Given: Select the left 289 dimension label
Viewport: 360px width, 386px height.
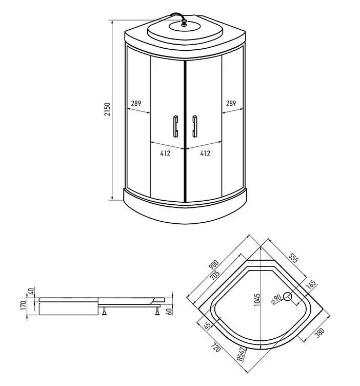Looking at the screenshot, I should click(x=136, y=104).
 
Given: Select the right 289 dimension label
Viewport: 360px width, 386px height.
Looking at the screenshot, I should click(x=231, y=104).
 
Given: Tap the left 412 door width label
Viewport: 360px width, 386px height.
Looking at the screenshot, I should click(x=165, y=153).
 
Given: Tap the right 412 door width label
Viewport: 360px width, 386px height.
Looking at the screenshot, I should click(x=205, y=153).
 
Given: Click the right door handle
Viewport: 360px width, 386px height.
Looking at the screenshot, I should click(x=194, y=126).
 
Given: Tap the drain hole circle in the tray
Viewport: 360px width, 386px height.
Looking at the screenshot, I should click(x=288, y=296).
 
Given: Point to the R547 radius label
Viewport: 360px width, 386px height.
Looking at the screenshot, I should click(x=240, y=355).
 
